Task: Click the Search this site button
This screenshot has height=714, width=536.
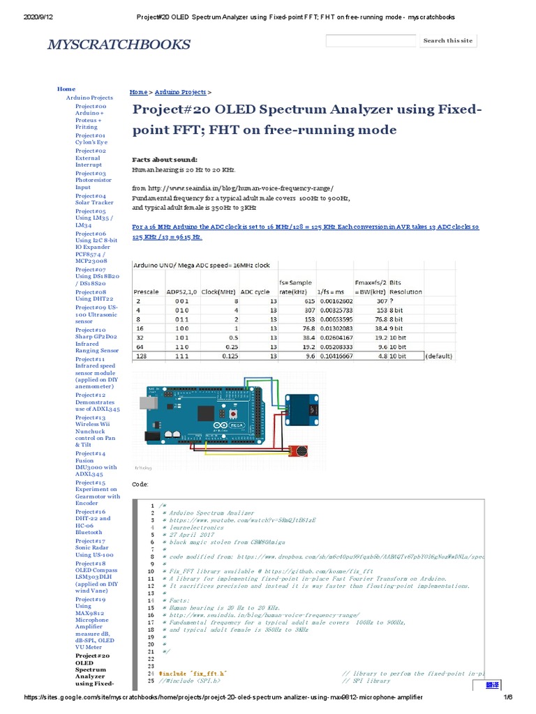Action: coord(448,40)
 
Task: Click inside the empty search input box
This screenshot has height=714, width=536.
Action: coord(371,40)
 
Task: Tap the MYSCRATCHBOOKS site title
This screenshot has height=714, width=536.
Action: coord(118,45)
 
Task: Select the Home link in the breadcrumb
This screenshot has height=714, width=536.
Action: coord(138,92)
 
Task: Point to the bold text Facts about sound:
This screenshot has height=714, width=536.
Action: coord(165,159)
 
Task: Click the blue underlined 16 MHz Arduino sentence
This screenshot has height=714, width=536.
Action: coord(306,231)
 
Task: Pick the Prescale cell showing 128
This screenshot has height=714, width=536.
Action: coord(142,355)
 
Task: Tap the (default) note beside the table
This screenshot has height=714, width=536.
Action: coord(439,355)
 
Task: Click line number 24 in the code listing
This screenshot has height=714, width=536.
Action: coord(150,674)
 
